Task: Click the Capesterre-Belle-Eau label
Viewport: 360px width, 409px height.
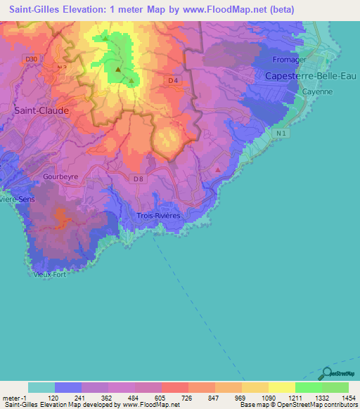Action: pyautogui.click(x=308, y=75)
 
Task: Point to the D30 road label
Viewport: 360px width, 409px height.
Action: pyautogui.click(x=30, y=60)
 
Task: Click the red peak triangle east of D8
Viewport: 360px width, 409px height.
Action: pyautogui.click(x=218, y=169)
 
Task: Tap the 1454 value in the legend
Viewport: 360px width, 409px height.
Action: pyautogui.click(x=347, y=398)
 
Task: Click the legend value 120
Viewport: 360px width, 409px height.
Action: pyautogui.click(x=53, y=398)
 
